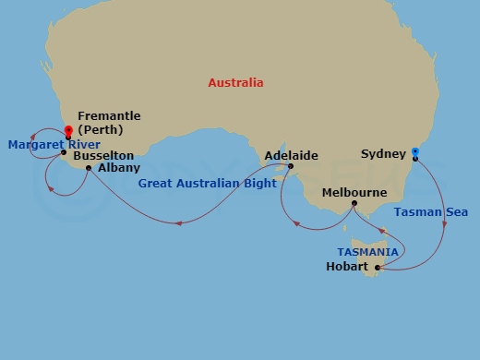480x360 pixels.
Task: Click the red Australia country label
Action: (235, 83)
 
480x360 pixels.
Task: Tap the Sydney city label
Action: (382, 153)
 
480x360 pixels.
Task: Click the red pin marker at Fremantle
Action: (68, 131)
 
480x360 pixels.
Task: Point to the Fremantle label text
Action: (109, 116)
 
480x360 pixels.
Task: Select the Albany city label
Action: (119, 168)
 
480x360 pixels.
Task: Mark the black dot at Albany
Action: (89, 168)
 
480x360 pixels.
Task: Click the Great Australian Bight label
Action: (208, 184)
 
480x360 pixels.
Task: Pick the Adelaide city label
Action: (292, 155)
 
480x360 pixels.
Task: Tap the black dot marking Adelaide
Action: (291, 166)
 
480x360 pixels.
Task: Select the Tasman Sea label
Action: (430, 212)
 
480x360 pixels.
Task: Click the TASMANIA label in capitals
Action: (367, 251)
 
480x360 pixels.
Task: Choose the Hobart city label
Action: (348, 268)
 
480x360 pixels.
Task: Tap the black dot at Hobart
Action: (378, 268)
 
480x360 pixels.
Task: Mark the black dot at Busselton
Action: (63, 153)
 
